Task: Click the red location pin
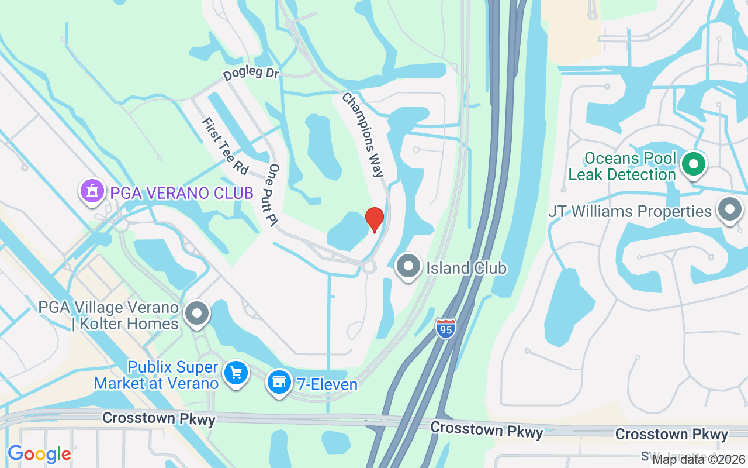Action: pos(374,219)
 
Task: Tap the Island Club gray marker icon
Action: pos(408,266)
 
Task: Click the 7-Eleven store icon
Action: pos(279,381)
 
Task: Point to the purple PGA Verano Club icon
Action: pos(92,191)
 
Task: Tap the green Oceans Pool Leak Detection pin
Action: pos(694,164)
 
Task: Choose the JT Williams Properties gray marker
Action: pos(729,210)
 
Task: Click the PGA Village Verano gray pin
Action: pos(197,314)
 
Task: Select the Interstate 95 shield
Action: pos(445,328)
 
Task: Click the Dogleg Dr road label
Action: pos(251,75)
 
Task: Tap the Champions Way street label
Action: pos(363,134)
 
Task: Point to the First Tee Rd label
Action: pos(224,145)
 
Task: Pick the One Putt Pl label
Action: pos(272,195)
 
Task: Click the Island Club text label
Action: pos(466,269)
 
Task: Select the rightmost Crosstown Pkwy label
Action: pos(671,434)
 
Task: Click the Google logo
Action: pos(39,454)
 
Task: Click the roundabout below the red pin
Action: pos(369,267)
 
